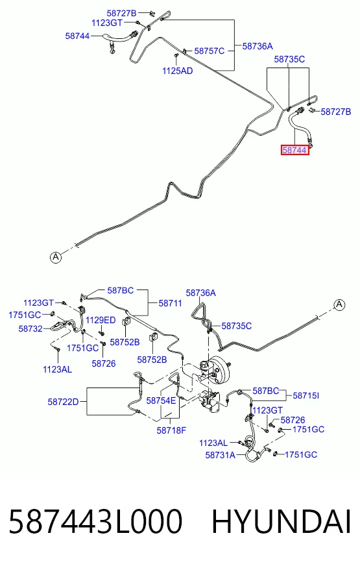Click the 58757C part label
[x=210, y=51]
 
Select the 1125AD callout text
[x=178, y=71]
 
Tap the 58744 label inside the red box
[x=295, y=150]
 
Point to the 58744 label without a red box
[x=78, y=36]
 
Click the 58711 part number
[x=170, y=303]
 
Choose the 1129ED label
[x=101, y=320]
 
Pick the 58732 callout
[x=30, y=328]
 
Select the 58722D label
[x=63, y=401]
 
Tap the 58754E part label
[x=161, y=400]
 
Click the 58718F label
[x=171, y=430]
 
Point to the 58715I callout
[x=306, y=396]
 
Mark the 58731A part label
[x=220, y=455]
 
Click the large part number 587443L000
[x=95, y=521]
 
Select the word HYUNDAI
[x=282, y=521]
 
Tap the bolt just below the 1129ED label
[x=101, y=331]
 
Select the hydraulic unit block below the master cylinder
[x=210, y=401]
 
